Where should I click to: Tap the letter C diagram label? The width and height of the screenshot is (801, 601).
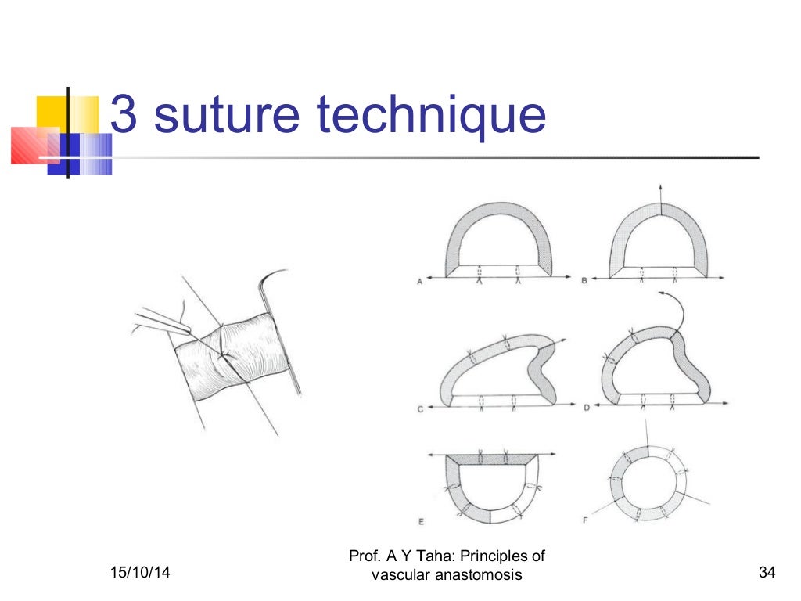[x=420, y=409]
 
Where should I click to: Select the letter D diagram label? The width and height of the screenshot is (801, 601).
[x=584, y=409]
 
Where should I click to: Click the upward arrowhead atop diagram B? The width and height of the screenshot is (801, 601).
[x=659, y=187]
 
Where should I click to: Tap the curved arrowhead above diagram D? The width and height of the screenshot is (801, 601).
[x=662, y=293]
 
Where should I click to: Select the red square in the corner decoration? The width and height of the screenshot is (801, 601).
[x=31, y=145]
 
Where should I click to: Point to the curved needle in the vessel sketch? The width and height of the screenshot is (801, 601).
[x=270, y=293]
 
